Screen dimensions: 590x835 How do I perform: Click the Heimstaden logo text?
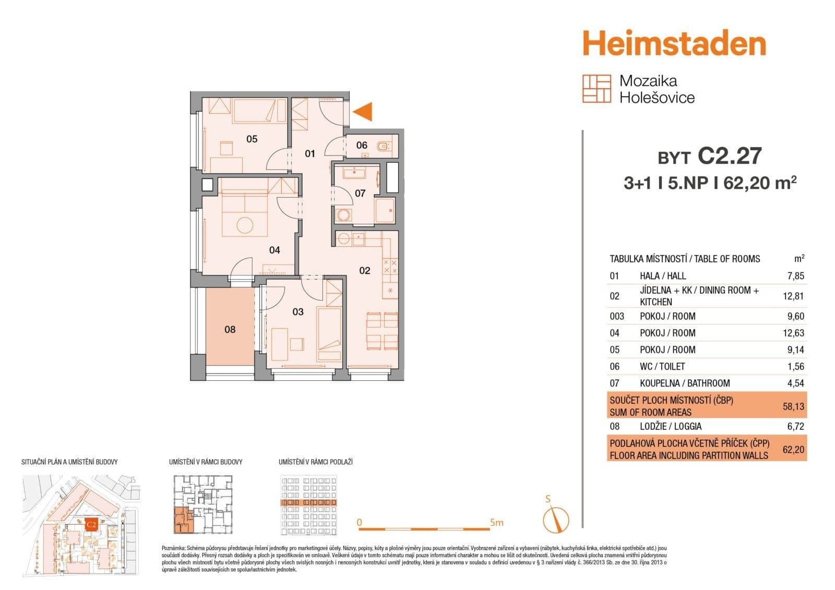[674, 43]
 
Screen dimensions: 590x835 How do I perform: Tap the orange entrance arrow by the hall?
[363, 112]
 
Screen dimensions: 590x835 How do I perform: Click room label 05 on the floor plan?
[252, 139]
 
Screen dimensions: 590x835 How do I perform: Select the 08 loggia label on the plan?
[230, 329]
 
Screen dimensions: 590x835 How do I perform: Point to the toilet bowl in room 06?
[385, 146]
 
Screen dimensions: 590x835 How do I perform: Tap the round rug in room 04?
[245, 225]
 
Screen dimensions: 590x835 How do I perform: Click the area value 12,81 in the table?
[793, 296]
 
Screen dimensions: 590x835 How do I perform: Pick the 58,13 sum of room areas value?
[793, 406]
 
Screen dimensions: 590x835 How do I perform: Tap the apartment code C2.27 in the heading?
[730, 156]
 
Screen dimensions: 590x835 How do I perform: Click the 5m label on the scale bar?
[496, 522]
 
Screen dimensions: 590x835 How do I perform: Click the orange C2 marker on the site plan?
[91, 524]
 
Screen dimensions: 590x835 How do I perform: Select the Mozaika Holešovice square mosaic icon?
[597, 89]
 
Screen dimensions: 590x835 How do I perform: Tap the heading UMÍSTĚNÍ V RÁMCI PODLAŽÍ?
[315, 462]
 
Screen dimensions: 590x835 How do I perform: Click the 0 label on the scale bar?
[360, 522]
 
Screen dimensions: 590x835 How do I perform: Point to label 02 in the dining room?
[364, 270]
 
